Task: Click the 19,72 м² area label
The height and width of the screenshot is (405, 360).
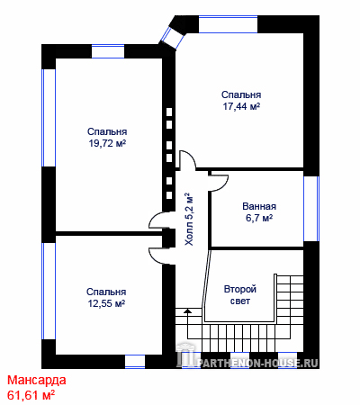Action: (x=107, y=143)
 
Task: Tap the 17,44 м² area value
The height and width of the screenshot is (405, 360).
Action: (x=241, y=106)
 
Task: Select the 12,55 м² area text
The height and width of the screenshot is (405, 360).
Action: (x=106, y=303)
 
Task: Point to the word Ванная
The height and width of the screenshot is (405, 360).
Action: (x=259, y=206)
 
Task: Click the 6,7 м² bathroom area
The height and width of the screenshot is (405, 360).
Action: (x=259, y=218)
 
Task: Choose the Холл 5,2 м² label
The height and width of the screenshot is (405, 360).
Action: (x=189, y=220)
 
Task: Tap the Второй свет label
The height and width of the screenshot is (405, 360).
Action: (x=240, y=295)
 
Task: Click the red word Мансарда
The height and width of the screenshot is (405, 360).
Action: (x=37, y=380)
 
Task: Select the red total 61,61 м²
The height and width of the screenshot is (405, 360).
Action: (x=31, y=395)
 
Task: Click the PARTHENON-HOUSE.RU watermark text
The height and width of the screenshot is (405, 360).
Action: (x=257, y=364)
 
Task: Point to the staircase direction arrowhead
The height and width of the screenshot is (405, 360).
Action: (x=187, y=310)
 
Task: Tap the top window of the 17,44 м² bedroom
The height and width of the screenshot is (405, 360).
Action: (x=229, y=24)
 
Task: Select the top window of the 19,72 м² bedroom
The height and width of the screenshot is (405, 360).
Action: (x=108, y=51)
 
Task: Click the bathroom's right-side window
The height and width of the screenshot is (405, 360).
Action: (x=311, y=209)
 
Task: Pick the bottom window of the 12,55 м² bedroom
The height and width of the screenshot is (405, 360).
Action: (x=135, y=362)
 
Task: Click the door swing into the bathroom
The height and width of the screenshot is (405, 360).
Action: (x=219, y=182)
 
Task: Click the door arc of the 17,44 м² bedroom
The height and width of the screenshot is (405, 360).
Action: (x=187, y=160)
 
